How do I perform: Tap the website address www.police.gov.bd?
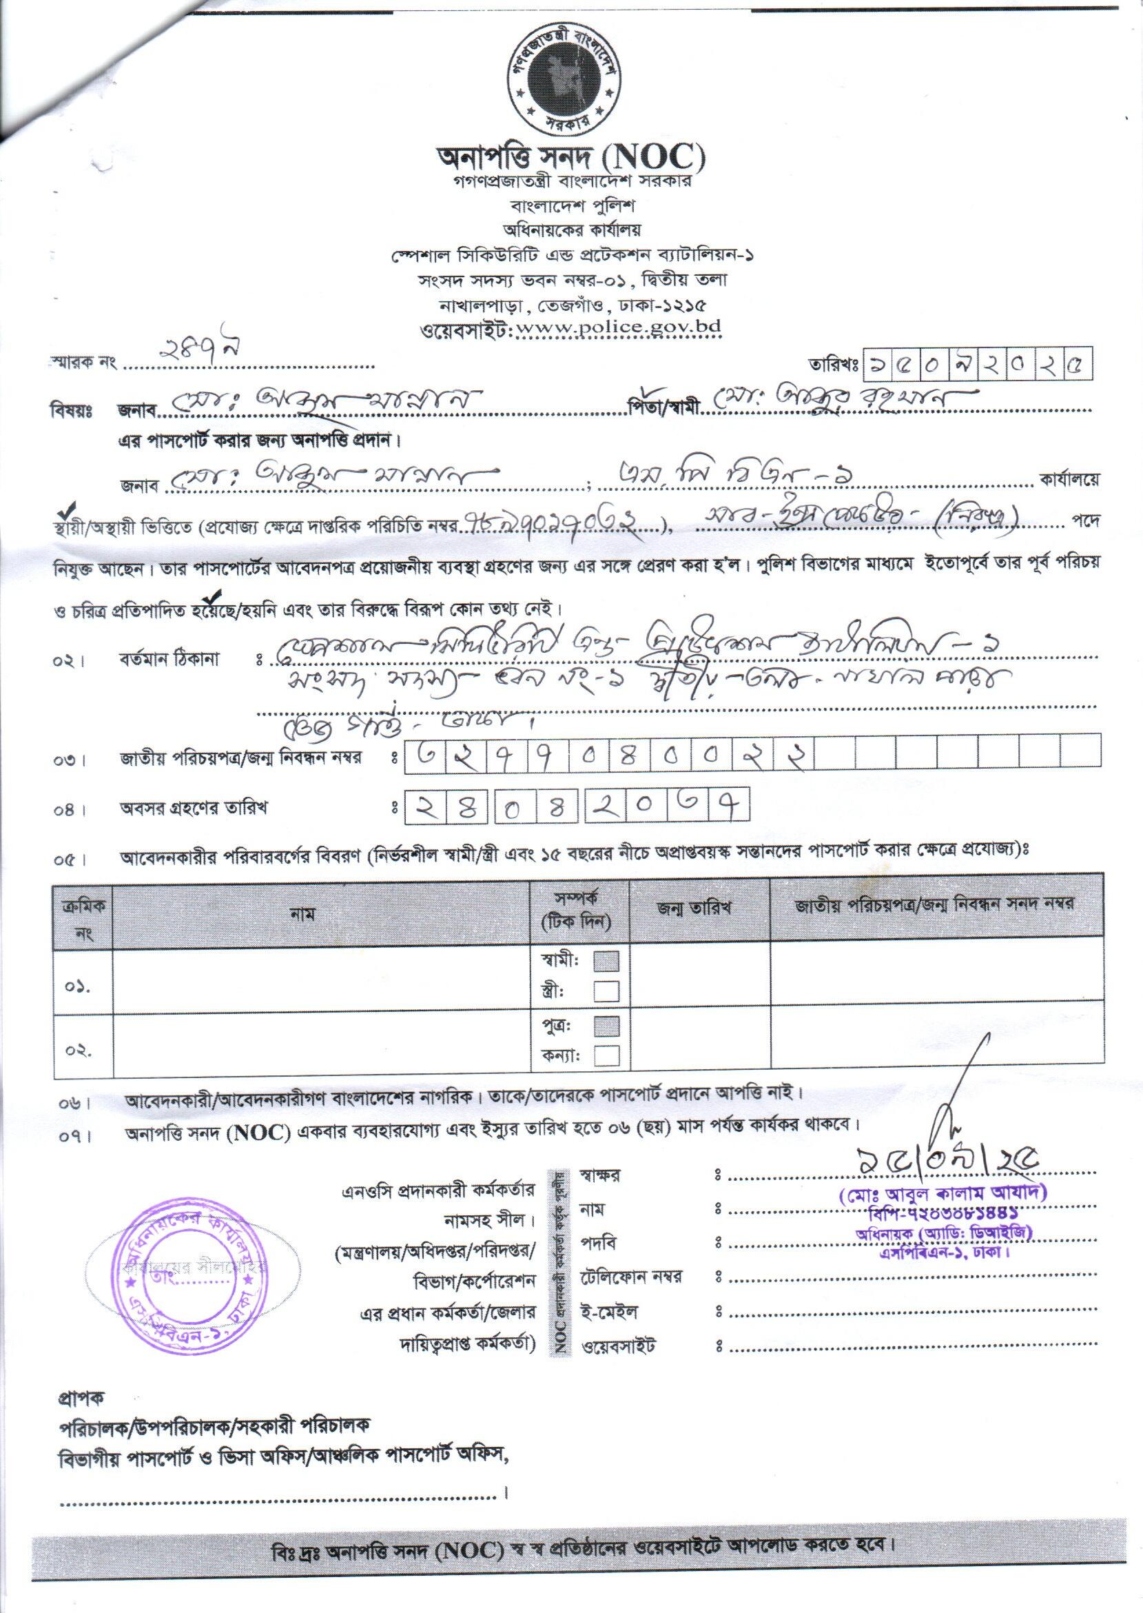[618, 327]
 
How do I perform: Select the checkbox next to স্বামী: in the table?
[607, 961]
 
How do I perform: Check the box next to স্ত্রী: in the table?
[607, 991]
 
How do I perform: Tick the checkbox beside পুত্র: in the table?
[607, 1026]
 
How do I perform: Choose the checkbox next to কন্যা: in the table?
[607, 1055]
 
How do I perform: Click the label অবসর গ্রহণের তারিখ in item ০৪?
[193, 809]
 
